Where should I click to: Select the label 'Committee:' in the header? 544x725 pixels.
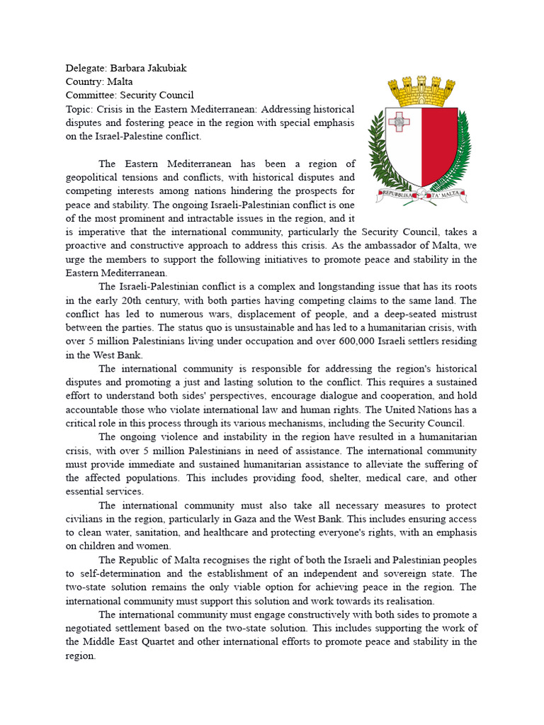91,95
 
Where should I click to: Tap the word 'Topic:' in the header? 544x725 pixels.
79,108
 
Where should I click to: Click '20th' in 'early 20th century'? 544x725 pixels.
137,300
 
